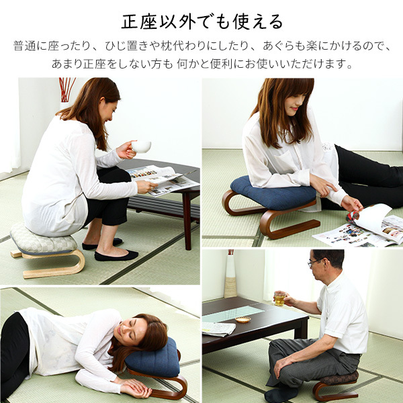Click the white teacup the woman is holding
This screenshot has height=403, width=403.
pos(141,146)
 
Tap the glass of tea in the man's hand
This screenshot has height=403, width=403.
pos(279,300)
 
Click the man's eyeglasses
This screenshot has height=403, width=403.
pos(314,263)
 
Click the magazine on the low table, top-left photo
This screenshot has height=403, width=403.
pos(161,179)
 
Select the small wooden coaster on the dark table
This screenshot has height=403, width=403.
pos(242,320)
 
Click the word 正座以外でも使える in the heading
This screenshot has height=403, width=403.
pos(201,21)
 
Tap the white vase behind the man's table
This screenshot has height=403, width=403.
pos(230,275)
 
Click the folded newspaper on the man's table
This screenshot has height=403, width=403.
pos(218,329)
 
